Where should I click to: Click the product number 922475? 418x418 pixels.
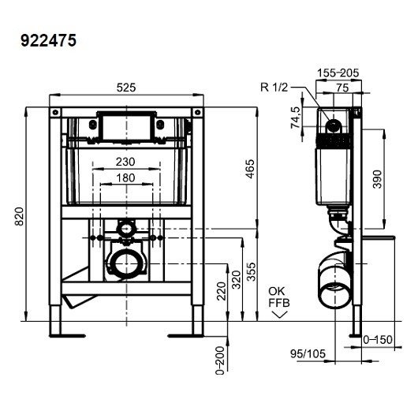coord(49,41)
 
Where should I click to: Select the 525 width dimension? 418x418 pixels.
coord(126,88)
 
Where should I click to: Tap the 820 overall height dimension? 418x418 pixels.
coord(19,216)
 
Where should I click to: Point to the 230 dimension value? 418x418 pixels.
coord(125,162)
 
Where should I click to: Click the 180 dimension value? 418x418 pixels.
coord(125,177)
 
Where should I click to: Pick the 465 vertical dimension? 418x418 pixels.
coord(250,169)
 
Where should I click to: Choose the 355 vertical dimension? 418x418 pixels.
coord(251,272)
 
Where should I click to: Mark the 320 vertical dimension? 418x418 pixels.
coord(237,280)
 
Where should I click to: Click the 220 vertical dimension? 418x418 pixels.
coord(222,291)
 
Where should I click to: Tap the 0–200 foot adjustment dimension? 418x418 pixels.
coord(220,360)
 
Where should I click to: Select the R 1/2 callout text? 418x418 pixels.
coord(274,88)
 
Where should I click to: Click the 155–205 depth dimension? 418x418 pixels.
coord(338,73)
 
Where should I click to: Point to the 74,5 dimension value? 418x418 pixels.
coord(296,118)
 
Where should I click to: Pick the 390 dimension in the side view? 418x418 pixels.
coord(377,179)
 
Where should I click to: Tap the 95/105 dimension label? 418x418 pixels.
coord(308,354)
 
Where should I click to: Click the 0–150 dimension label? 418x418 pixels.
coord(378,340)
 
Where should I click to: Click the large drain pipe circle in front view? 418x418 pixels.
coord(127,263)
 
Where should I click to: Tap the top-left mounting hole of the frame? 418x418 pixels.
coord(55,112)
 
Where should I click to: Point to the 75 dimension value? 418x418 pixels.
coord(342,88)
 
